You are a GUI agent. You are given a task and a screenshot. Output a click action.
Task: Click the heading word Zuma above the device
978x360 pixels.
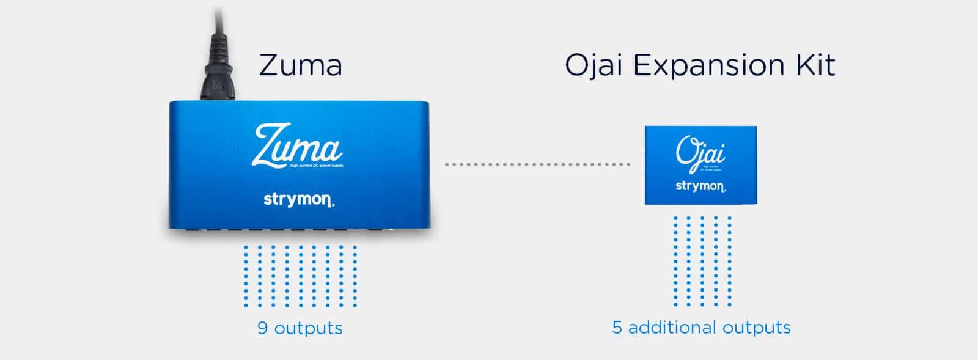[300, 65]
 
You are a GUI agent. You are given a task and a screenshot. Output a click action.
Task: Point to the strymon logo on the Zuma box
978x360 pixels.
[299, 199]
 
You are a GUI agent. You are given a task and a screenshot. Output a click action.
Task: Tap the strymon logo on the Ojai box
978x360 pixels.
[700, 186]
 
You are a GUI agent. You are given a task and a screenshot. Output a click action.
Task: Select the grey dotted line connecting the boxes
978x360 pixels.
[537, 164]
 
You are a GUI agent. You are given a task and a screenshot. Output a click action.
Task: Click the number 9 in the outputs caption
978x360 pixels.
[262, 328]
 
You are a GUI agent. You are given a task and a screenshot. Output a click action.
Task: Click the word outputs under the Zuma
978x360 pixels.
[308, 328]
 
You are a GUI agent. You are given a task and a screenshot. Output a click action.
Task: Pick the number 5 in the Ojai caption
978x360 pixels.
[617, 328]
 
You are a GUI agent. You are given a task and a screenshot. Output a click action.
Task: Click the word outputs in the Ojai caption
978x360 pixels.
[756, 328]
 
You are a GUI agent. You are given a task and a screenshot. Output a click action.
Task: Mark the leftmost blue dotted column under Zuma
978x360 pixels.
[246, 276]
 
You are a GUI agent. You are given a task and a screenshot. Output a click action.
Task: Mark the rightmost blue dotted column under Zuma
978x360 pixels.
[355, 276]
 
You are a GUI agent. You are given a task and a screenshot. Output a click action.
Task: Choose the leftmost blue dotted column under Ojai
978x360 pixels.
[675, 261]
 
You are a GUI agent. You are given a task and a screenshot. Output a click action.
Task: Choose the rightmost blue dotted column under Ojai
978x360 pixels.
[730, 261]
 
